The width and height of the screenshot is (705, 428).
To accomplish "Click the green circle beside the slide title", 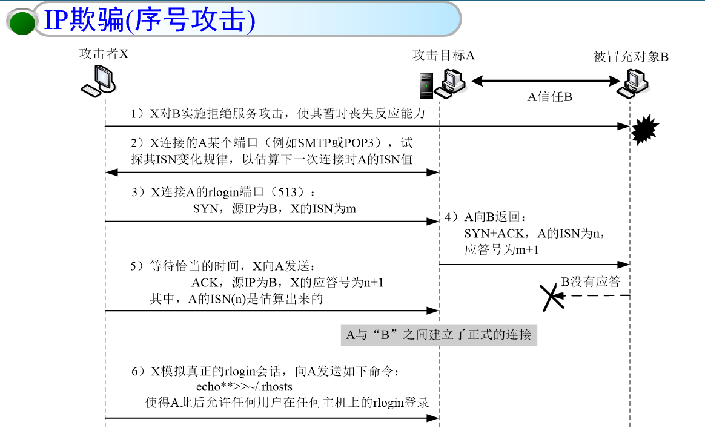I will (x=23, y=21).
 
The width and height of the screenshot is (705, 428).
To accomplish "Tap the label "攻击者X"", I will (x=104, y=54).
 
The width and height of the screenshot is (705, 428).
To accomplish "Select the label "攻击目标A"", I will (x=443, y=55).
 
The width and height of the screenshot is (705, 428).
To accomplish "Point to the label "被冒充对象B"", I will (x=631, y=57).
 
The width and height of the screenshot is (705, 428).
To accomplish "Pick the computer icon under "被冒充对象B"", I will (x=631, y=82).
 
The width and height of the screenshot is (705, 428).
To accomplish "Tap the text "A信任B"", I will (x=549, y=97).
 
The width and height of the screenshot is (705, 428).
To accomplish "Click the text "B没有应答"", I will (x=591, y=281).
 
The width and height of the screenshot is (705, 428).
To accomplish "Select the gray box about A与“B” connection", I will (x=439, y=334).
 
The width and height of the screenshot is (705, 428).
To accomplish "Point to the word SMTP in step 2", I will (x=314, y=143).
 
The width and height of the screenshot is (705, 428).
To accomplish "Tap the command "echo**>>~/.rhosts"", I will (x=244, y=387).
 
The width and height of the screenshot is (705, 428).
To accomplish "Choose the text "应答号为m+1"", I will (x=501, y=249).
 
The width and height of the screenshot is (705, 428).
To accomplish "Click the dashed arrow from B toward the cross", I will (x=597, y=295).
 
